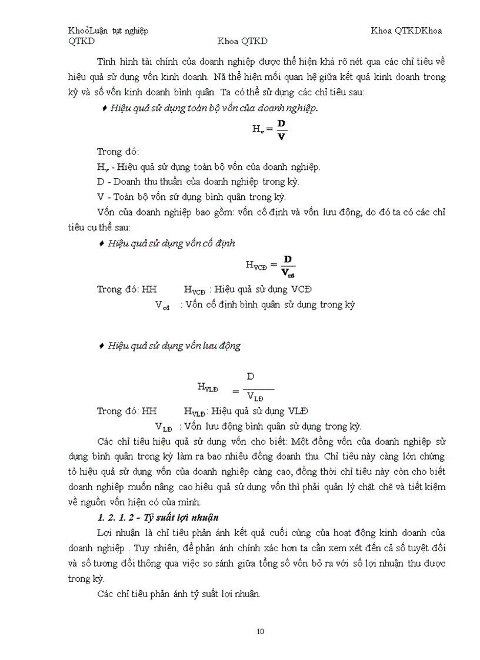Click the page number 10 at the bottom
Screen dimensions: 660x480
click(x=261, y=632)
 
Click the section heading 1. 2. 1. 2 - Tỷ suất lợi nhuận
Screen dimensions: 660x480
click(x=158, y=517)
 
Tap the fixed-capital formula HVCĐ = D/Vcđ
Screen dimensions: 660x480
click(x=271, y=264)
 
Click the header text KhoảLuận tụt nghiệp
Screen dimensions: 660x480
click(x=108, y=31)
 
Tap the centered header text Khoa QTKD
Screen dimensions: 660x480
click(x=242, y=41)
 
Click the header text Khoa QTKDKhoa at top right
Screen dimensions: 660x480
click(x=406, y=31)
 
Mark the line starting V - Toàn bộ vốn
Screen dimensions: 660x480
click(x=191, y=197)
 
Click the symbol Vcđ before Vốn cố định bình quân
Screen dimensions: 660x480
click(x=163, y=305)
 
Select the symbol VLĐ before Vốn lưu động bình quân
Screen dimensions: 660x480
click(x=164, y=427)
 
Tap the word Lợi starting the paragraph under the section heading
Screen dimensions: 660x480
click(x=106, y=532)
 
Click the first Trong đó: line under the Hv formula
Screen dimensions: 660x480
click(x=118, y=151)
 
